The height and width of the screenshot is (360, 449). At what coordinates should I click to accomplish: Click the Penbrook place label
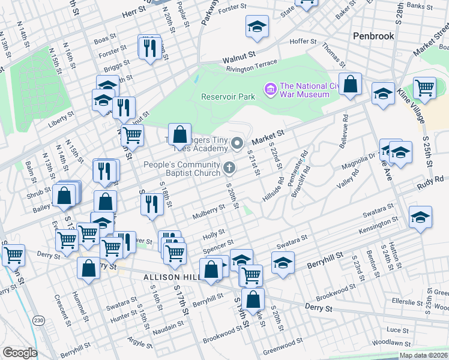click(373, 36)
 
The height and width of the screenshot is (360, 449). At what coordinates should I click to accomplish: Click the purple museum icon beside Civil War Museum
click(270, 90)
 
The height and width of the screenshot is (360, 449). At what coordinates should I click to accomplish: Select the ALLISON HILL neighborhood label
click(172, 277)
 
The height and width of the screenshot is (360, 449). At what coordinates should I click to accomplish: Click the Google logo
click(20, 353)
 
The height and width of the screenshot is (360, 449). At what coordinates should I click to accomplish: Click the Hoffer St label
click(303, 41)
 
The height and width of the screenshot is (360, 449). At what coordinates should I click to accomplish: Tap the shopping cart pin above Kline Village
click(424, 88)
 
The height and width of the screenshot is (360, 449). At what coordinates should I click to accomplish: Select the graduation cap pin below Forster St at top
click(257, 27)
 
